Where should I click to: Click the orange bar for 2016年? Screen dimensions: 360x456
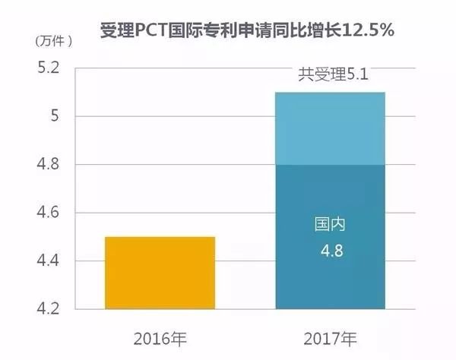tap(160, 273)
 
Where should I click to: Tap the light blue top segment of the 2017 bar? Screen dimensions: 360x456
tap(330, 128)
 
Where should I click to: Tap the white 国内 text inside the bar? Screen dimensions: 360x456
tap(330, 226)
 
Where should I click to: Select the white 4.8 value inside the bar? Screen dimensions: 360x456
tap(330, 250)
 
